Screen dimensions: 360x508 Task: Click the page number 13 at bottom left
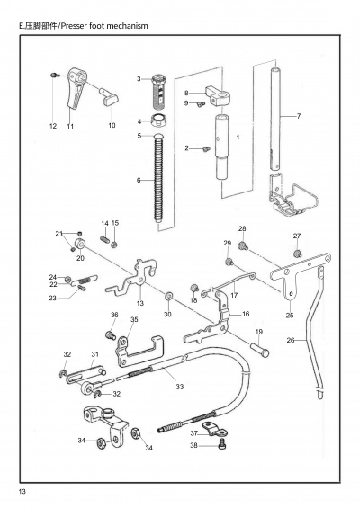click(22, 491)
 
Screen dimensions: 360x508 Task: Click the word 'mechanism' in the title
click(127, 26)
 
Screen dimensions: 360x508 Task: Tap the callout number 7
click(299, 116)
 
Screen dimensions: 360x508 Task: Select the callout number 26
click(291, 340)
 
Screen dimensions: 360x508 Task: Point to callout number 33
click(180, 387)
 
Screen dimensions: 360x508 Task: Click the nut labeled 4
click(159, 121)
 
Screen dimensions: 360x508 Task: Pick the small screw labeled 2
click(205, 149)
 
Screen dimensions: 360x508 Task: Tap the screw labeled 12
click(55, 76)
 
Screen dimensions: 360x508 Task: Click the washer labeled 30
click(168, 296)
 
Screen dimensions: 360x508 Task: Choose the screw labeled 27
click(297, 253)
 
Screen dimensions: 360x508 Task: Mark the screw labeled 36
click(111, 335)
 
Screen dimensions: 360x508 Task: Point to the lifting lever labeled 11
click(76, 87)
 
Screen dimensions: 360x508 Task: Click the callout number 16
click(246, 314)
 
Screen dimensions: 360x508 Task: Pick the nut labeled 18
click(194, 288)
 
